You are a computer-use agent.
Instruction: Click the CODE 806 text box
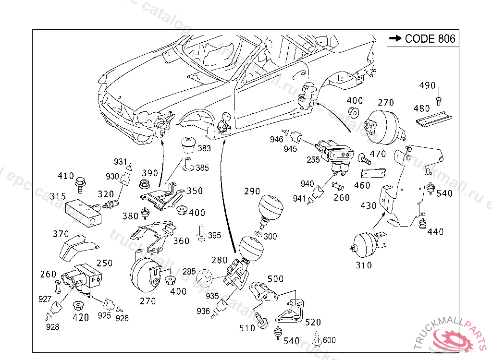423,38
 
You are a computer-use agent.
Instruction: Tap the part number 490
427,86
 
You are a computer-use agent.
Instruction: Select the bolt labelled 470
364,157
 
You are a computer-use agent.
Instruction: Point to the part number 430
369,205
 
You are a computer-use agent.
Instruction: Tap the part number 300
270,237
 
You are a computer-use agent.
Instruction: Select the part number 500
275,279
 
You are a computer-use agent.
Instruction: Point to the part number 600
329,340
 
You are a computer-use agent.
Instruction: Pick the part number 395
214,235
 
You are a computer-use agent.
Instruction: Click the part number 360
181,241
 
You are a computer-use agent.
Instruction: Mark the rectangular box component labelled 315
83,213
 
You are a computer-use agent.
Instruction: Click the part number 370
61,234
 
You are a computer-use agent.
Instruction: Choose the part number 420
80,317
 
